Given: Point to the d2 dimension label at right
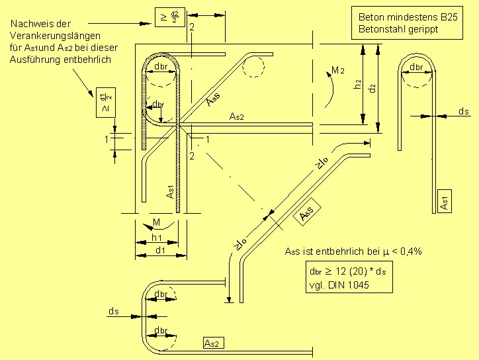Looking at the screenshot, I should point(373,87).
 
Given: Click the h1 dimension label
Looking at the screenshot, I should point(157,238).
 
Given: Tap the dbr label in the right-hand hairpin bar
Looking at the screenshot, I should point(417,68).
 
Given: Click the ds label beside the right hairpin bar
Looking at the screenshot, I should point(463,112).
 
